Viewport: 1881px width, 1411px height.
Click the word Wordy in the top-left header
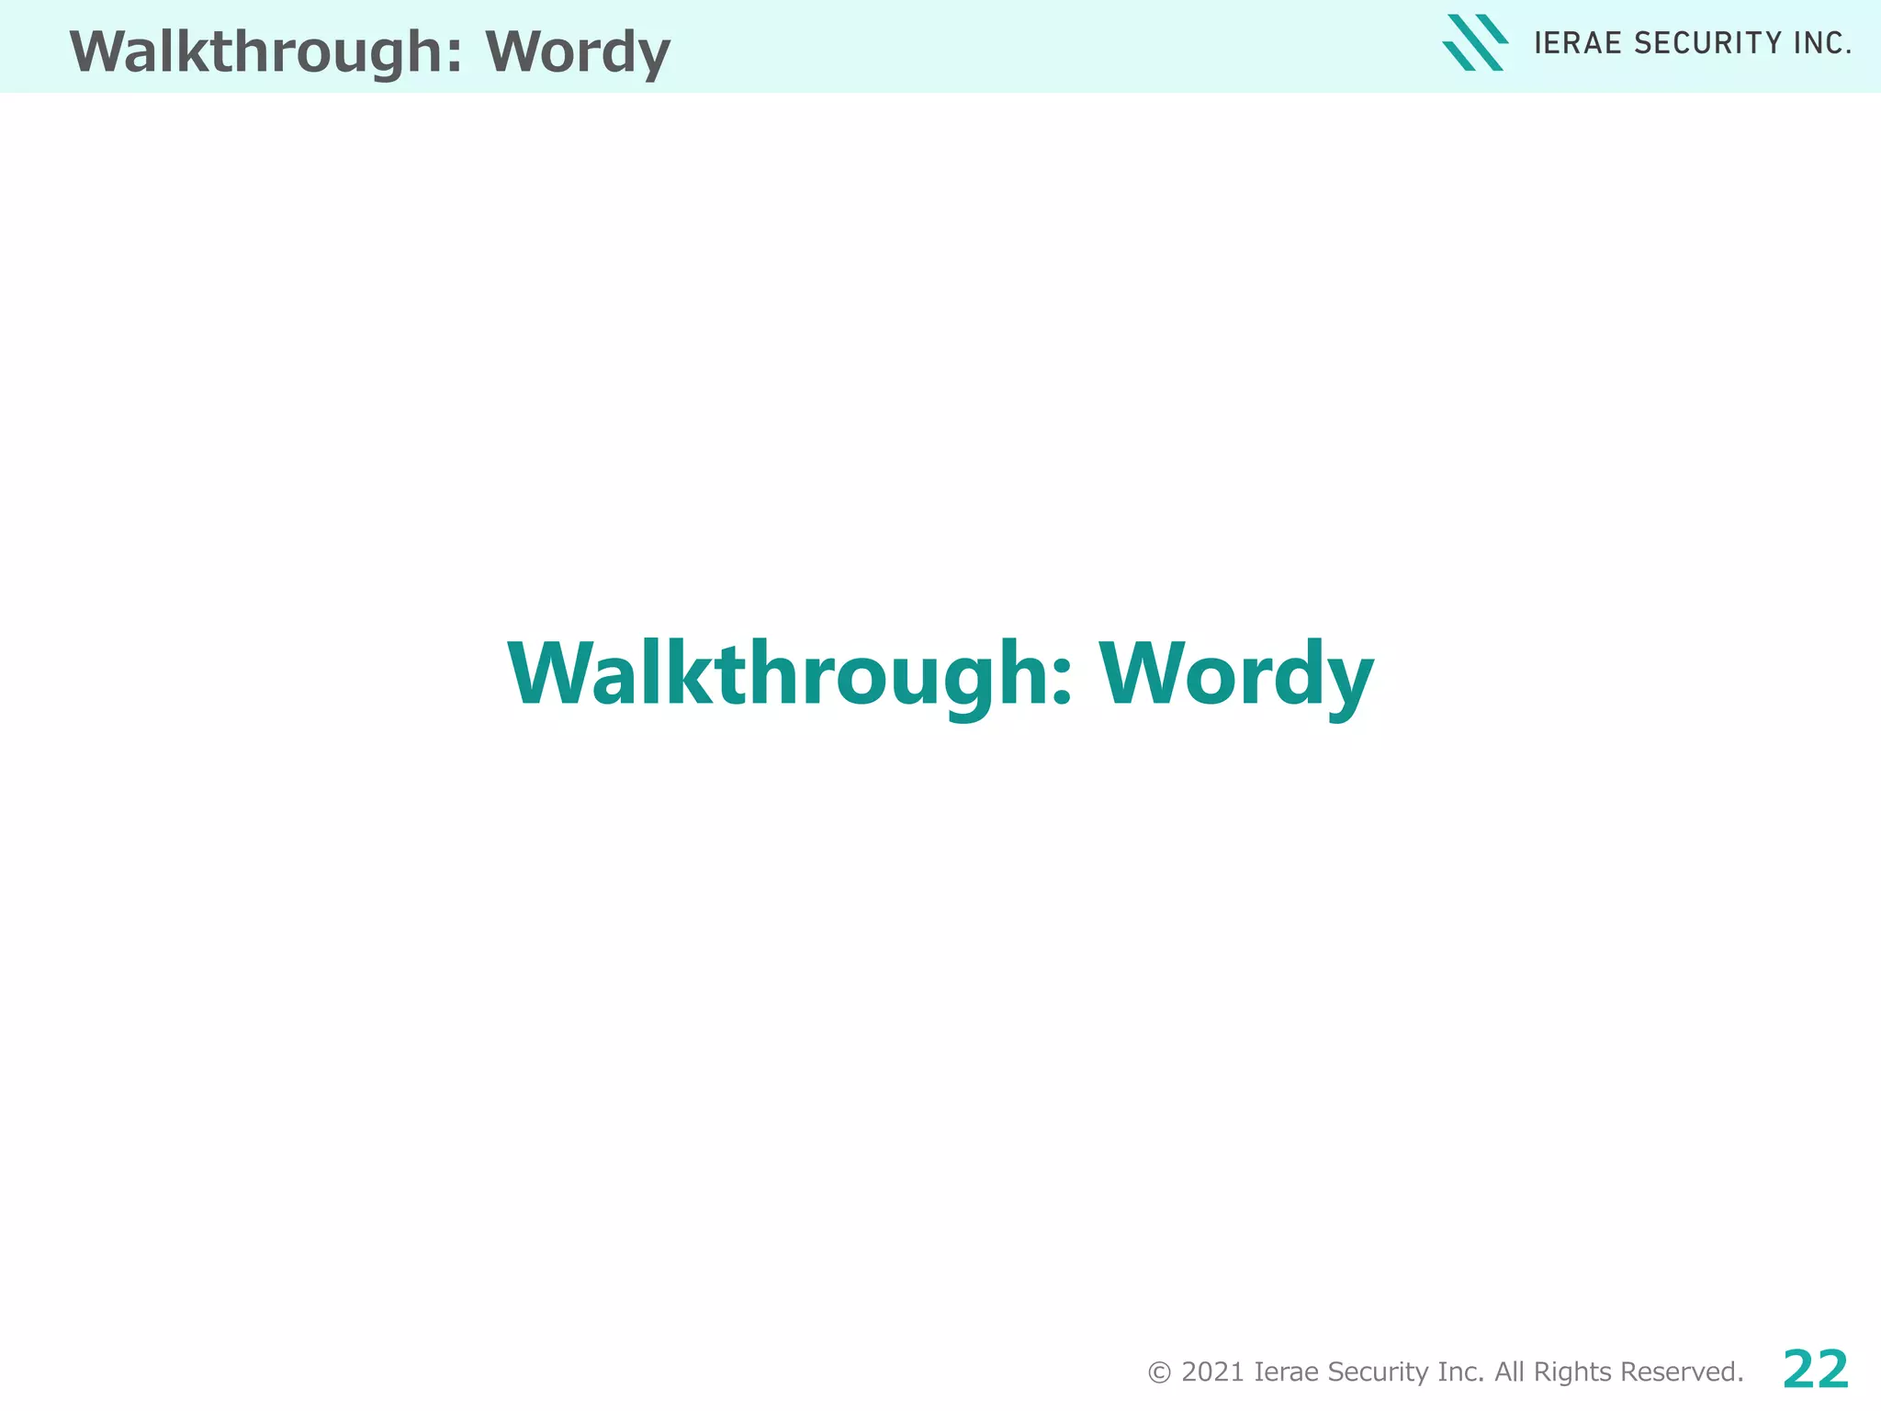578,51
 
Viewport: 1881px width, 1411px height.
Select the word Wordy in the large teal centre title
1236,674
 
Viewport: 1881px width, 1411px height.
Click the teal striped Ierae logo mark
1475,42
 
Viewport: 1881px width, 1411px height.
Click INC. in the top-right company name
1822,43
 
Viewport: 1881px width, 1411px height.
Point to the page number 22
1816,1370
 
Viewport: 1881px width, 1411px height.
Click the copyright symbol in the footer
1159,1372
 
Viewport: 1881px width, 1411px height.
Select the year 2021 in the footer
1212,1372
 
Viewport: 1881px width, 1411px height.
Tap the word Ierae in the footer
1286,1372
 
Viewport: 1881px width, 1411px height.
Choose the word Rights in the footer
1572,1372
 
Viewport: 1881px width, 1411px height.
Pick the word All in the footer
1509,1372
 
